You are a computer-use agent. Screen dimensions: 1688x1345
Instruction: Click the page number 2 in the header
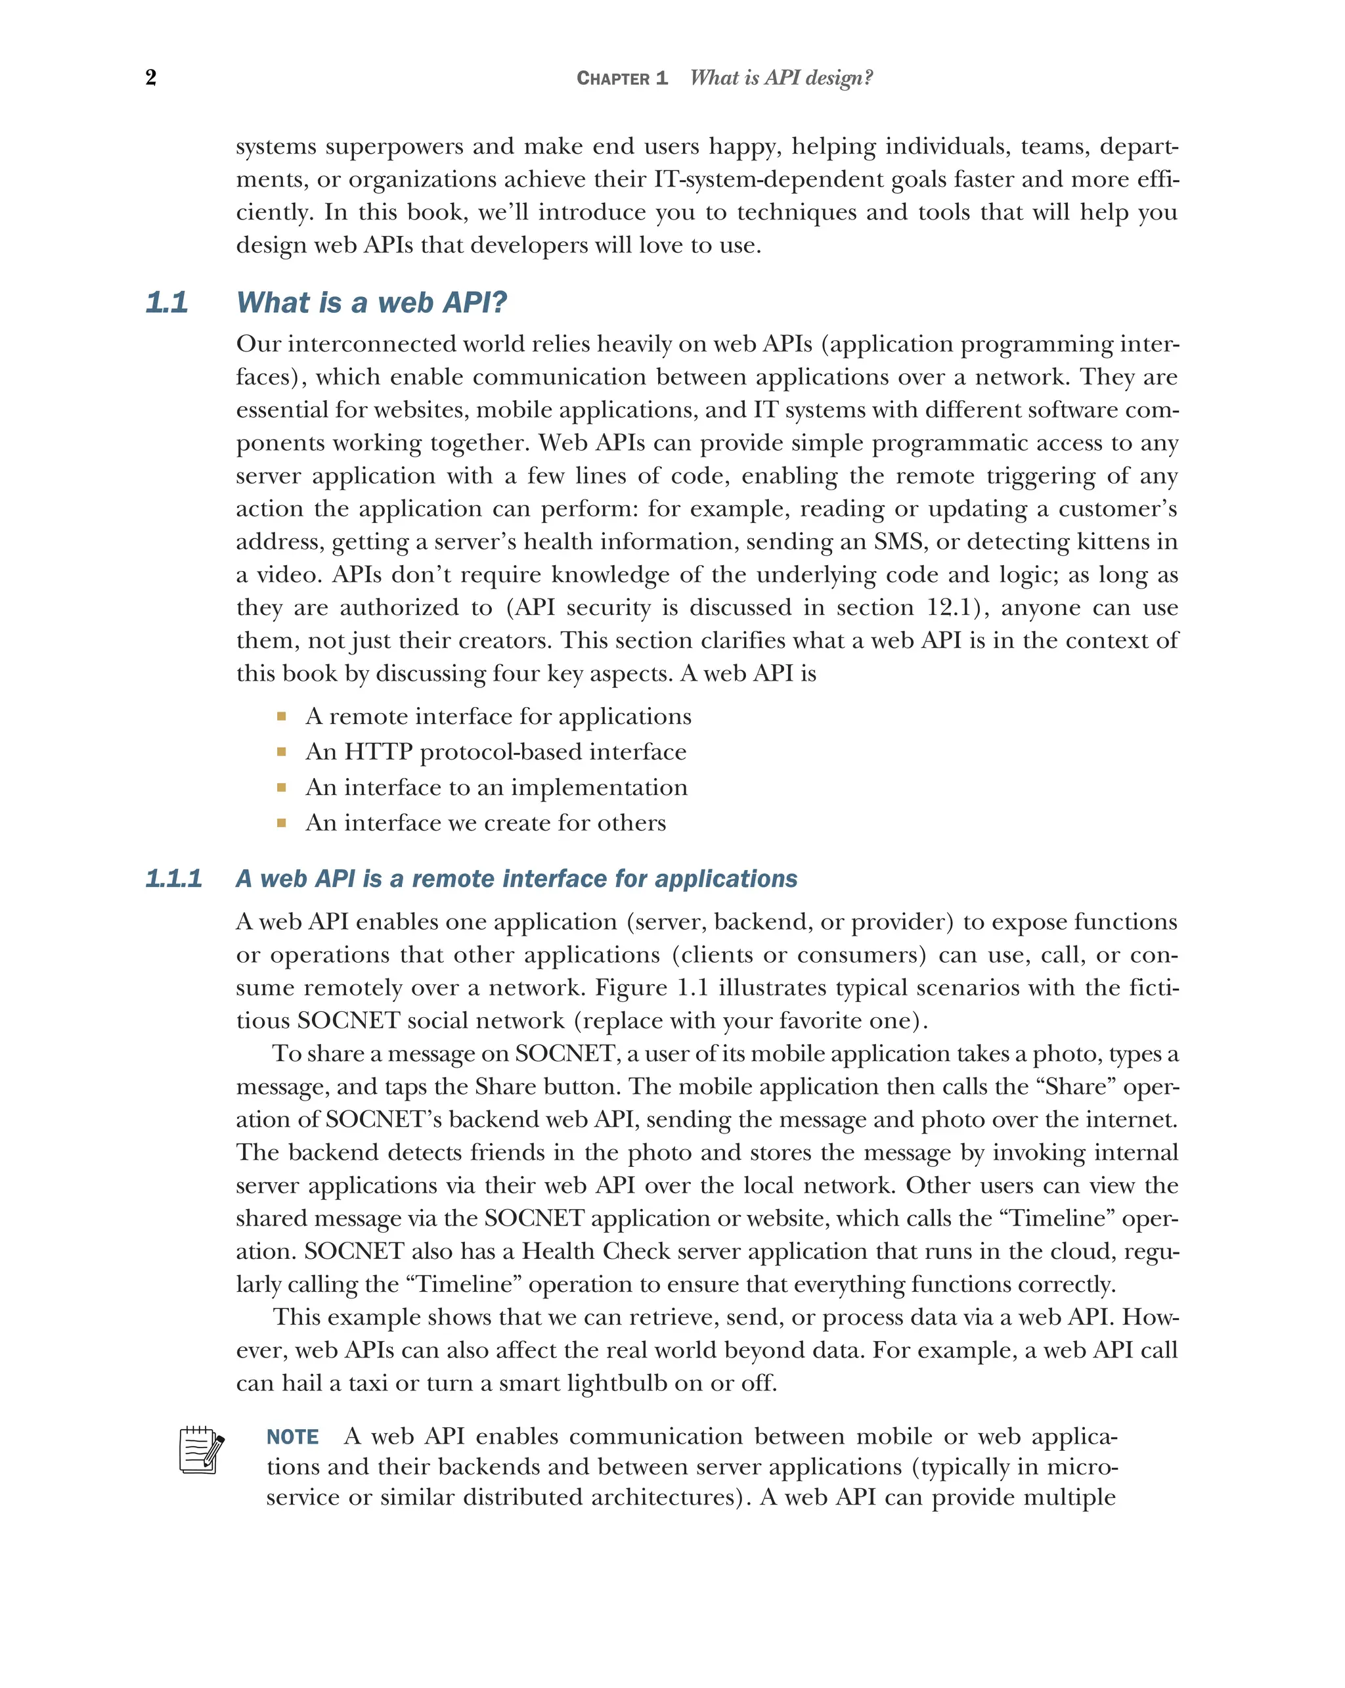pos(151,78)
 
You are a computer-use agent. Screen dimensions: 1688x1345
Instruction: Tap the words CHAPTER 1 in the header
pos(622,78)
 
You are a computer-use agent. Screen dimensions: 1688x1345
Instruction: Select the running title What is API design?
pos(781,78)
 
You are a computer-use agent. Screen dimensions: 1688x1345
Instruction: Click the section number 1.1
pos(167,302)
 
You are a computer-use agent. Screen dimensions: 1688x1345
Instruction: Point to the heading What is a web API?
pos(372,302)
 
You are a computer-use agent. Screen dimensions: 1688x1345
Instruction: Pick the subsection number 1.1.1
pos(173,878)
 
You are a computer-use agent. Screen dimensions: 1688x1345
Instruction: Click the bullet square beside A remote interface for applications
pos(282,716)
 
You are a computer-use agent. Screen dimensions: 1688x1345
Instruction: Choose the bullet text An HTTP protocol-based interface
pos(496,752)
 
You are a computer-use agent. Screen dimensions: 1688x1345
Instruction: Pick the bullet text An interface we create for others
pos(486,823)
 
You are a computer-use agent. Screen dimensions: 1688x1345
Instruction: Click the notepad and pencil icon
pos(201,1450)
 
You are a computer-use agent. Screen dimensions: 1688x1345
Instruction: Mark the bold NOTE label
pos(293,1437)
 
